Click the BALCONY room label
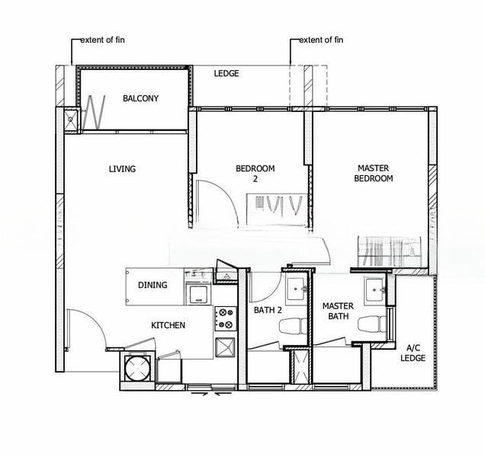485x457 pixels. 141,98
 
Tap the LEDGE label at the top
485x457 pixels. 226,73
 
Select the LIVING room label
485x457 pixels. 122,169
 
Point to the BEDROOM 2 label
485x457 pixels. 255,174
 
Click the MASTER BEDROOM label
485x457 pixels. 374,174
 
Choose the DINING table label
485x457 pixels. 153,285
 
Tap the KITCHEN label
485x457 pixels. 169,325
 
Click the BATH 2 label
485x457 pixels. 268,310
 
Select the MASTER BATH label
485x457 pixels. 338,312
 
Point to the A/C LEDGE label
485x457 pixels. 413,353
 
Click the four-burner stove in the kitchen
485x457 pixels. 226,318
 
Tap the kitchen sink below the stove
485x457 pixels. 225,347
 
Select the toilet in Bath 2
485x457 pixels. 293,326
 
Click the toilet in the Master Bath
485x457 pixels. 372,324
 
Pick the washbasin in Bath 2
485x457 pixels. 297,289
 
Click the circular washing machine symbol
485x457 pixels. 137,368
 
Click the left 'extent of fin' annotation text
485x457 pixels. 103,40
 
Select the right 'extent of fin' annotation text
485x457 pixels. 321,40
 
